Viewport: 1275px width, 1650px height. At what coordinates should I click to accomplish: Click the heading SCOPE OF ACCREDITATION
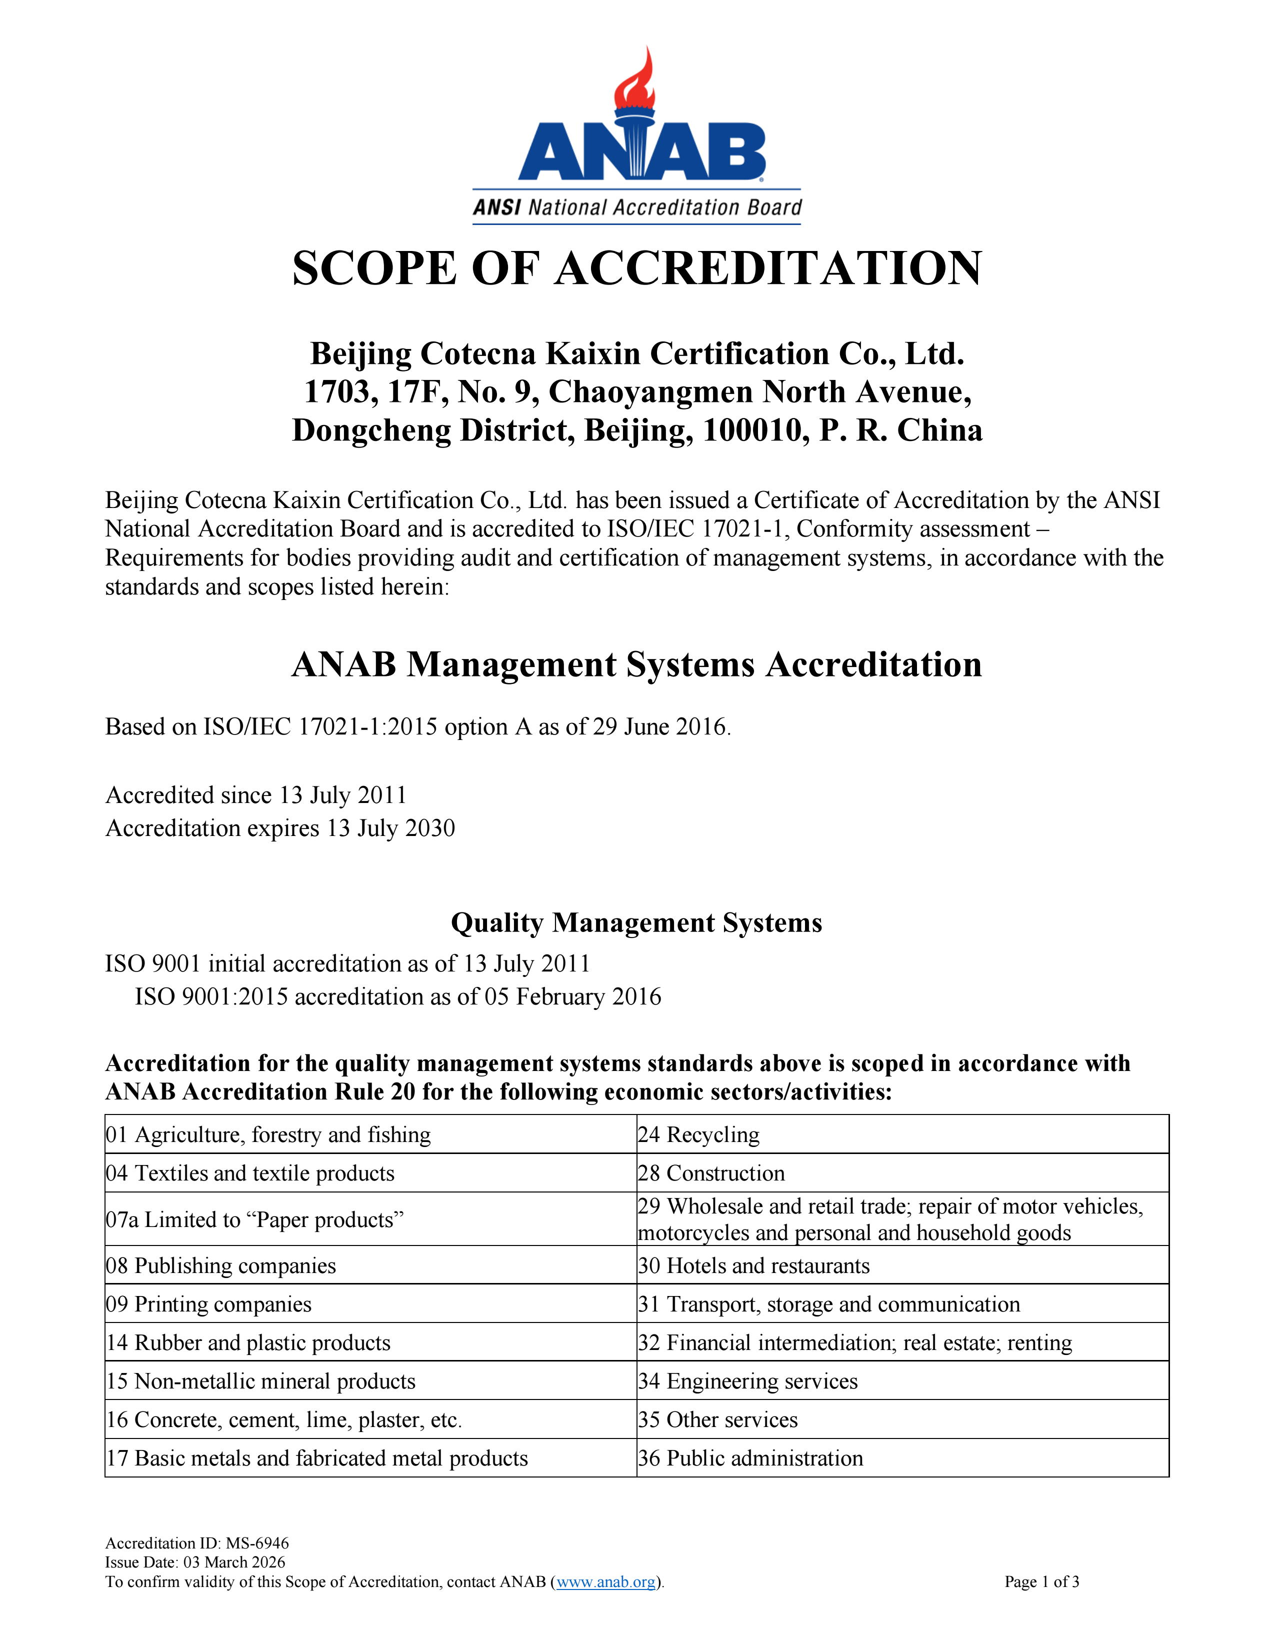click(x=636, y=268)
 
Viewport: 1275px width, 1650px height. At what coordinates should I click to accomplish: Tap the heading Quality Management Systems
click(x=636, y=922)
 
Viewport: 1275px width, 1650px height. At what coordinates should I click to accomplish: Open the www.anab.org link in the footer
click(x=606, y=1582)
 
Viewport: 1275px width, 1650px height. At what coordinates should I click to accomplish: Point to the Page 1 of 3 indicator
click(x=1041, y=1582)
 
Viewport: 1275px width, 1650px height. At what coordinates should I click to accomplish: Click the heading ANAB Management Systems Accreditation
click(x=636, y=665)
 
